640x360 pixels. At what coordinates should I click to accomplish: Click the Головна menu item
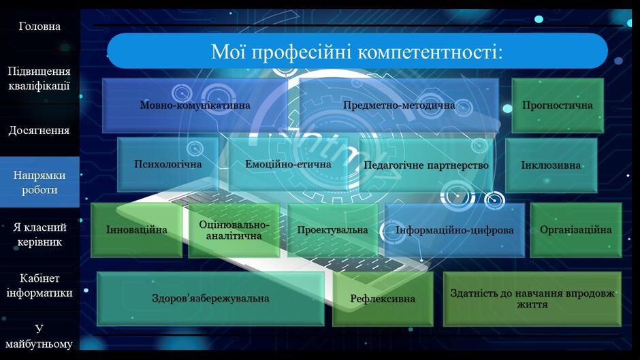point(39,27)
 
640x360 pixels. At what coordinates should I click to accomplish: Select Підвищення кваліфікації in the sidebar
point(39,78)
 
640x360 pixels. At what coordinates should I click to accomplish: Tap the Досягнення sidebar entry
point(39,131)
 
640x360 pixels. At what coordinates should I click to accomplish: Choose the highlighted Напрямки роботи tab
point(39,182)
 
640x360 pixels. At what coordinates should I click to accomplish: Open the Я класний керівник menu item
point(39,234)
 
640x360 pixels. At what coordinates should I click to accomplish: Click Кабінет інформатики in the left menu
point(39,286)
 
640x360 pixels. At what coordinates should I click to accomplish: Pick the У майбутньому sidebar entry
point(39,336)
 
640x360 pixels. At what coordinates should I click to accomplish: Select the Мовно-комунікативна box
point(195,105)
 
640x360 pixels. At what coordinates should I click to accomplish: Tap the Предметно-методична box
point(399,105)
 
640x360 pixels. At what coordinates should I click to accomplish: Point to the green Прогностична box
point(558,105)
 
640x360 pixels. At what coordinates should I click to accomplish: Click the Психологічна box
point(167,165)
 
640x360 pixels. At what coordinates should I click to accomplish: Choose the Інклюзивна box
point(551,165)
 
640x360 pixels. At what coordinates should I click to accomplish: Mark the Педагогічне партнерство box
point(426,165)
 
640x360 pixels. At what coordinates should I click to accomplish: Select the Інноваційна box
point(136,230)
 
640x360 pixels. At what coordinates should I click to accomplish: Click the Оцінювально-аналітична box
point(234,230)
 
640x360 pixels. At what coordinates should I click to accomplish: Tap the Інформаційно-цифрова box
point(454,230)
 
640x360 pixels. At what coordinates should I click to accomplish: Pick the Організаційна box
point(576,230)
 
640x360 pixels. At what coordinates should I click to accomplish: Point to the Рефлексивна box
point(383,299)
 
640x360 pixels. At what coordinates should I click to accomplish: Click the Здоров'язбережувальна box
point(210,299)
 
